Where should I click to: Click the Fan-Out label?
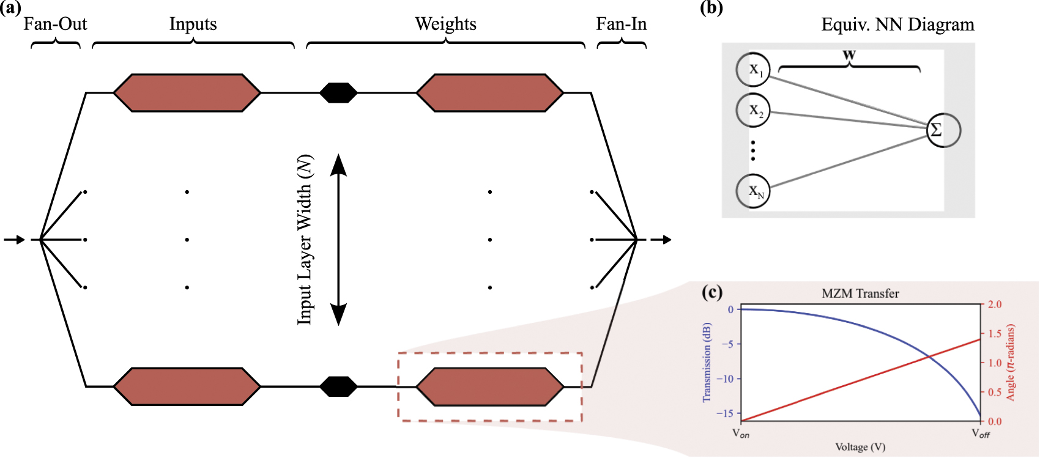pos(55,24)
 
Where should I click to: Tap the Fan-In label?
pos(621,24)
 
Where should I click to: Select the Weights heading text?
pos(445,24)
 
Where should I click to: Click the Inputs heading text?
pos(193,24)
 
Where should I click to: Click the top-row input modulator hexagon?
pos(187,93)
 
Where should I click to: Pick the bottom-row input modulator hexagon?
pos(187,386)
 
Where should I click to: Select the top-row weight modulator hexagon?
pos(489,93)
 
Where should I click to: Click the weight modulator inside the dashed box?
pos(489,386)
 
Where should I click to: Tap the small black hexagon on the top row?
pos(338,93)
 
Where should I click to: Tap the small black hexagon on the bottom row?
pos(338,386)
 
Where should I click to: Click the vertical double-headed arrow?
pos(338,240)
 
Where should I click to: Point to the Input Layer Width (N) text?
pos(305,240)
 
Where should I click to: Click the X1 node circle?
pos(753,70)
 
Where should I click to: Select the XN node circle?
pos(753,191)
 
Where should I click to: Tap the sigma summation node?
pos(943,130)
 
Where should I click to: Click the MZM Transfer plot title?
pos(860,294)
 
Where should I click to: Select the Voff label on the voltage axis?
pos(981,434)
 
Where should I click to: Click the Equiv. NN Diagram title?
pos(897,25)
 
